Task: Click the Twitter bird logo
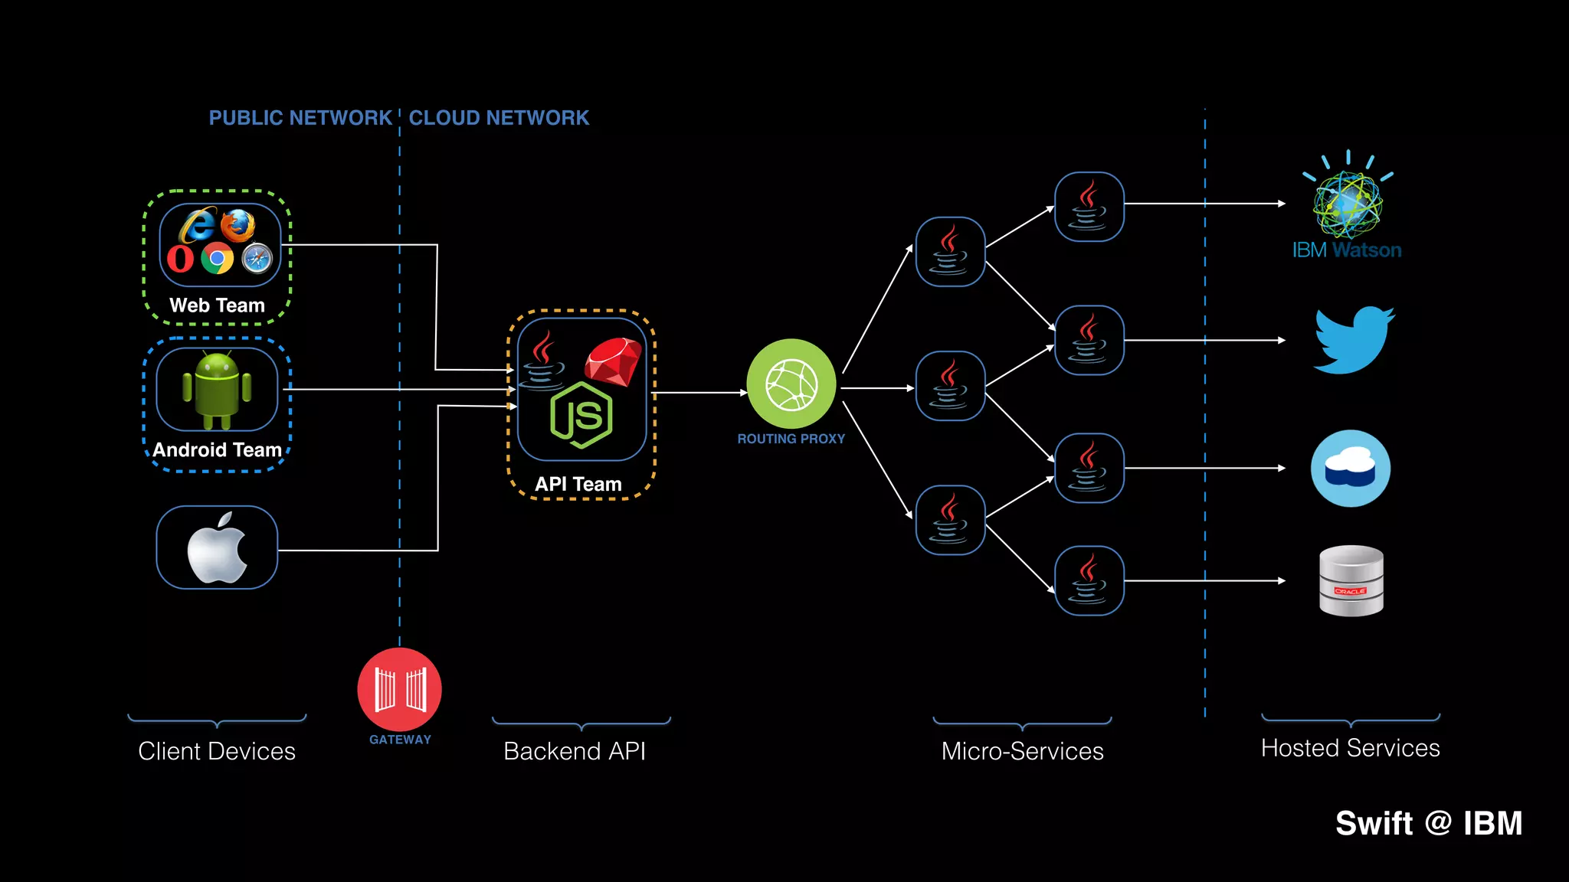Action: pos(1354,341)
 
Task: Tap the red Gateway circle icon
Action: pos(399,689)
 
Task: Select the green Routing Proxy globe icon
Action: pos(791,384)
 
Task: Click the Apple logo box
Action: pos(217,547)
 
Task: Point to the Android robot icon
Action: pos(217,390)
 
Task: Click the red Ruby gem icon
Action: pos(614,362)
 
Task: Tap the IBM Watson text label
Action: pos(1347,250)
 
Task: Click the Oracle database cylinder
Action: pos(1351,580)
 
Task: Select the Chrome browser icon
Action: pos(218,258)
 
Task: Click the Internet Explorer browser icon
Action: pos(197,225)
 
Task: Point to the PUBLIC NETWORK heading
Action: pos(300,118)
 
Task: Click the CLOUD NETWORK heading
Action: pos(499,118)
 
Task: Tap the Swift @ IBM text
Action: pos(1429,824)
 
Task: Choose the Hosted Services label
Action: pos(1350,748)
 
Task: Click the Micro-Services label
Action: pos(1022,751)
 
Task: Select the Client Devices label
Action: pos(217,751)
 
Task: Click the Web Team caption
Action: pos(217,305)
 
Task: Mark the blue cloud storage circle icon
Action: pos(1351,468)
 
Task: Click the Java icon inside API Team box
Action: pos(543,360)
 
